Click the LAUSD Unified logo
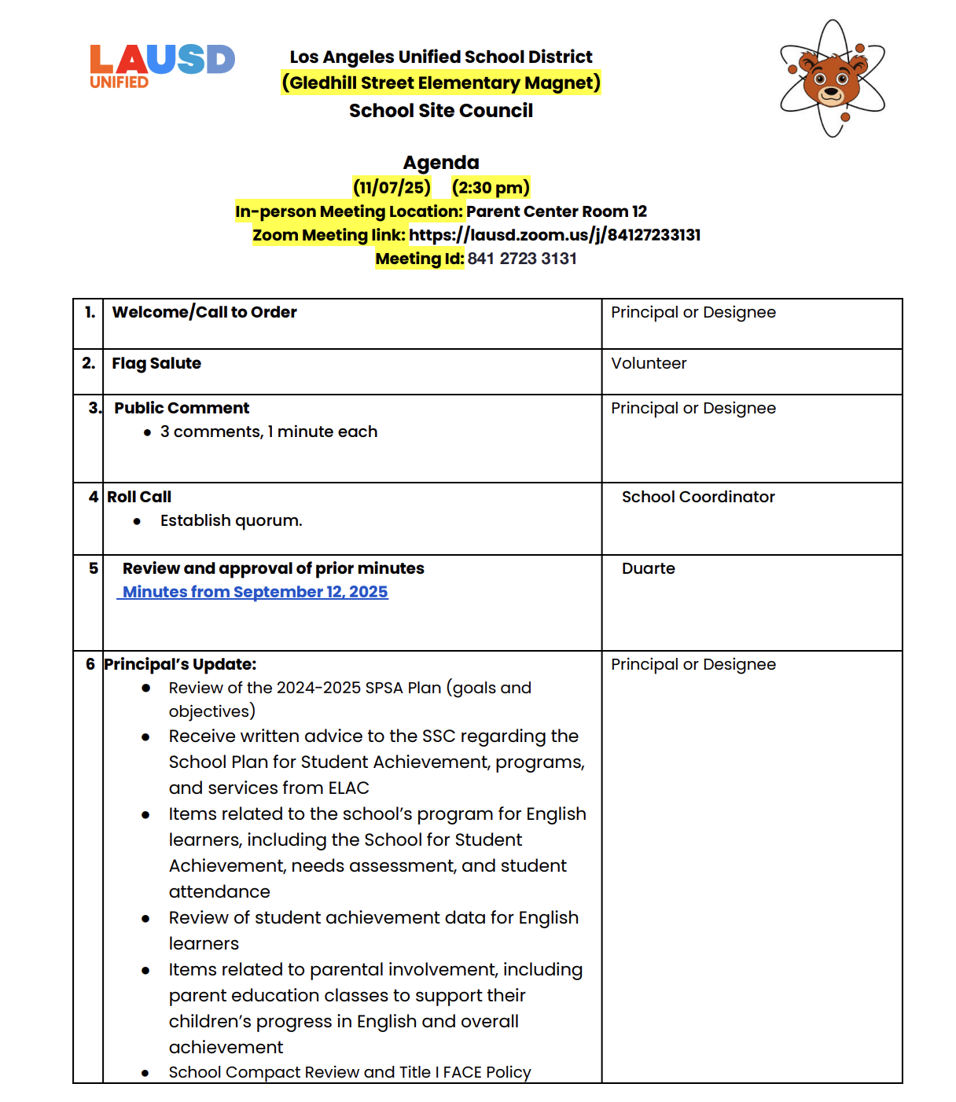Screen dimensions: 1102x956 click(162, 66)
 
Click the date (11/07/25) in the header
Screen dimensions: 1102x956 click(392, 188)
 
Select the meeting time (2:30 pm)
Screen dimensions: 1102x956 click(491, 188)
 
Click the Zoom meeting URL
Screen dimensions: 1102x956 click(554, 235)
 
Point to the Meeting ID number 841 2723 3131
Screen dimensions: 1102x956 click(522, 259)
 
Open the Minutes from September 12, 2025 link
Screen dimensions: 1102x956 click(255, 592)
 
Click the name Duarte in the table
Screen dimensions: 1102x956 click(648, 568)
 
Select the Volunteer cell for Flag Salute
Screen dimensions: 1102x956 click(649, 363)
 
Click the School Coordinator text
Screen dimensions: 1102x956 click(698, 497)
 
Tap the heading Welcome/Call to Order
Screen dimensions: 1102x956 click(204, 312)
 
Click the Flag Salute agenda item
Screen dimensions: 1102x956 click(156, 363)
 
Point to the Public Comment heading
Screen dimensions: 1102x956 click(182, 408)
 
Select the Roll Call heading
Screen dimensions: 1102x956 click(139, 497)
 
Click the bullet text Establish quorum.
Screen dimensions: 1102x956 click(231, 520)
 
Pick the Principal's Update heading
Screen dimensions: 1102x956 click(180, 664)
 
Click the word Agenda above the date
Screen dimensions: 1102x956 click(441, 163)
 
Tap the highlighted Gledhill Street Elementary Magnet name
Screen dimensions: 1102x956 click(441, 83)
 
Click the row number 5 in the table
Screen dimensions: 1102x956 click(94, 568)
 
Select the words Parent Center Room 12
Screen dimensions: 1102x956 click(557, 211)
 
